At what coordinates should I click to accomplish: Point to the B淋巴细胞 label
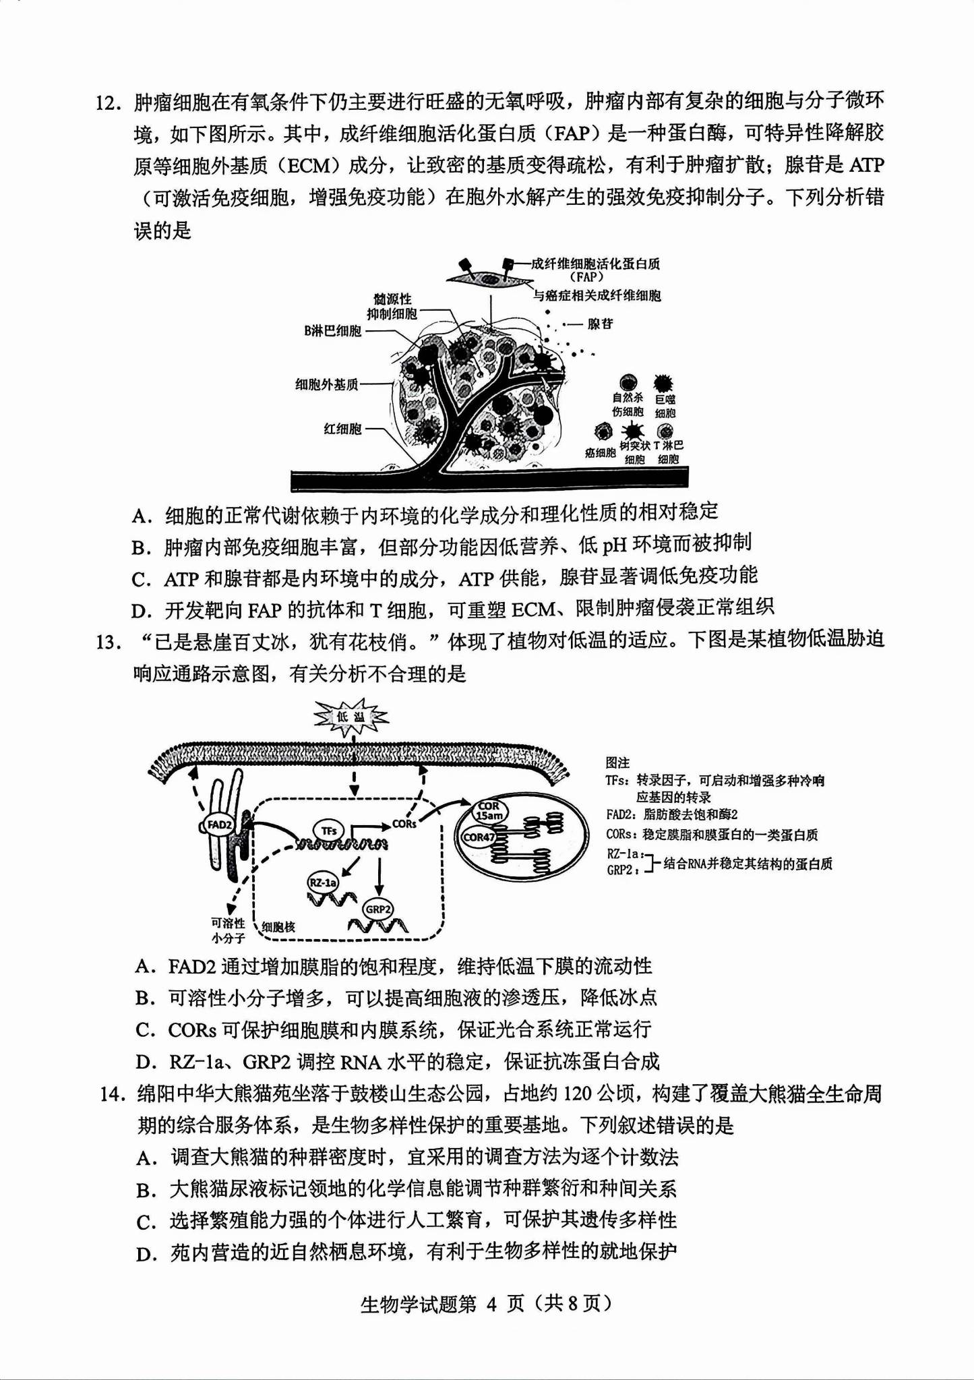pyautogui.click(x=332, y=331)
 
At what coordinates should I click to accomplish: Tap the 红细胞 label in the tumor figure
pyautogui.click(x=342, y=429)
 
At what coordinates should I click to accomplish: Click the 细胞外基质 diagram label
pyautogui.click(x=327, y=385)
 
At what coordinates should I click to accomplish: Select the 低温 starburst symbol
pyautogui.click(x=351, y=717)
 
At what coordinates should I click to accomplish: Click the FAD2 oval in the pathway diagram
pyautogui.click(x=220, y=824)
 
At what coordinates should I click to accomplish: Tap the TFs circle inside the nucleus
pyautogui.click(x=329, y=831)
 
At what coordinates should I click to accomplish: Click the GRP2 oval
pyautogui.click(x=378, y=909)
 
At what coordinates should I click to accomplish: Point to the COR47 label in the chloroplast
pyautogui.click(x=479, y=837)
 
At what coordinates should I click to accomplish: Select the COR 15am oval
pyautogui.click(x=489, y=811)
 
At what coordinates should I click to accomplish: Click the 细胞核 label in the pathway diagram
pyautogui.click(x=278, y=927)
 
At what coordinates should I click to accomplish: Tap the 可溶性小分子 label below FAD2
pyautogui.click(x=228, y=930)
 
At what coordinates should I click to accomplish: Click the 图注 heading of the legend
pyautogui.click(x=617, y=762)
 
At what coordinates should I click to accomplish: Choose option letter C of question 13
pyautogui.click(x=144, y=1030)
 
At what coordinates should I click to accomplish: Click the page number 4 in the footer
pyautogui.click(x=491, y=1304)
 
